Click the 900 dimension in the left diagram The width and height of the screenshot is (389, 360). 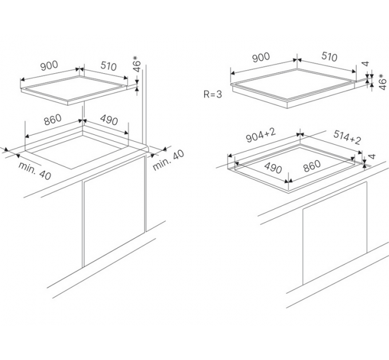pyautogui.click(x=49, y=65)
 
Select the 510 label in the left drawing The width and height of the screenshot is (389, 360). pyautogui.click(x=109, y=66)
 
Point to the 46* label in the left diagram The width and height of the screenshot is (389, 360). pyautogui.click(x=137, y=64)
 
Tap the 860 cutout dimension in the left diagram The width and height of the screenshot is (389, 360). pyautogui.click(x=53, y=119)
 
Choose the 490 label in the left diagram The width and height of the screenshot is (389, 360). pyautogui.click(x=109, y=120)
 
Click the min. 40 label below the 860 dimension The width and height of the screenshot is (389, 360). pyautogui.click(x=35, y=171)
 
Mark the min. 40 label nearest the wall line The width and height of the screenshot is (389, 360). pyautogui.click(x=168, y=161)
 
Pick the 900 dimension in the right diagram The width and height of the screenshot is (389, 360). pyautogui.click(x=261, y=57)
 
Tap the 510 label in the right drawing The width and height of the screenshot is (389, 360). pyautogui.click(x=330, y=57)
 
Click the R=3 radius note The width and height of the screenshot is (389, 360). pyautogui.click(x=213, y=94)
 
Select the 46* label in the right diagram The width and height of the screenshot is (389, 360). pyautogui.click(x=383, y=81)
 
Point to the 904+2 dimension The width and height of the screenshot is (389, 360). pyautogui.click(x=261, y=136)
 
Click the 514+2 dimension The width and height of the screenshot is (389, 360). pyautogui.click(x=347, y=137)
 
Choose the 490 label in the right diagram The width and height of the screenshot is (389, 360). pyautogui.click(x=273, y=168)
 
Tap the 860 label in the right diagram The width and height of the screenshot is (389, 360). pyautogui.click(x=312, y=166)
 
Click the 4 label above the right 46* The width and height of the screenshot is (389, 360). pyautogui.click(x=366, y=63)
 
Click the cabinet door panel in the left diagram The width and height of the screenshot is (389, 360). pyautogui.click(x=113, y=212)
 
